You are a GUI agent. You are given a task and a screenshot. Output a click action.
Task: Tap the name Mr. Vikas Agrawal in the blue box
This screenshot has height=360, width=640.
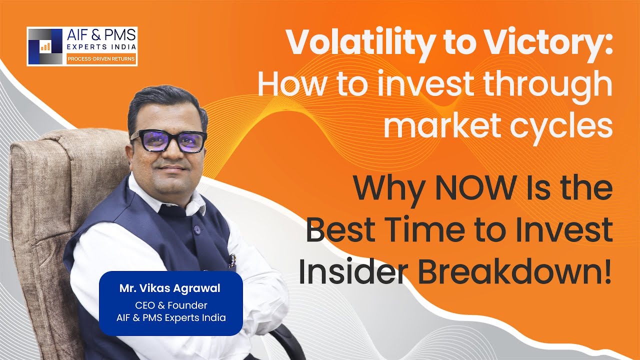pyautogui.click(x=170, y=289)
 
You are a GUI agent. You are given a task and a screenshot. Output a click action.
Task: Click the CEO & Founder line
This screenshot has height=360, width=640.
pyautogui.click(x=170, y=305)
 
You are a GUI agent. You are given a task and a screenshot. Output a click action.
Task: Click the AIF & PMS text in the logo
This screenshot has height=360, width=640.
pyautogui.click(x=101, y=36)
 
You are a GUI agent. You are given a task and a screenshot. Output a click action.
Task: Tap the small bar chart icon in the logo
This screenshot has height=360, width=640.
pyautogui.click(x=45, y=46)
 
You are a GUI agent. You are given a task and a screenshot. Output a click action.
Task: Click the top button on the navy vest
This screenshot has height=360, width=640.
pyautogui.click(x=196, y=229)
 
